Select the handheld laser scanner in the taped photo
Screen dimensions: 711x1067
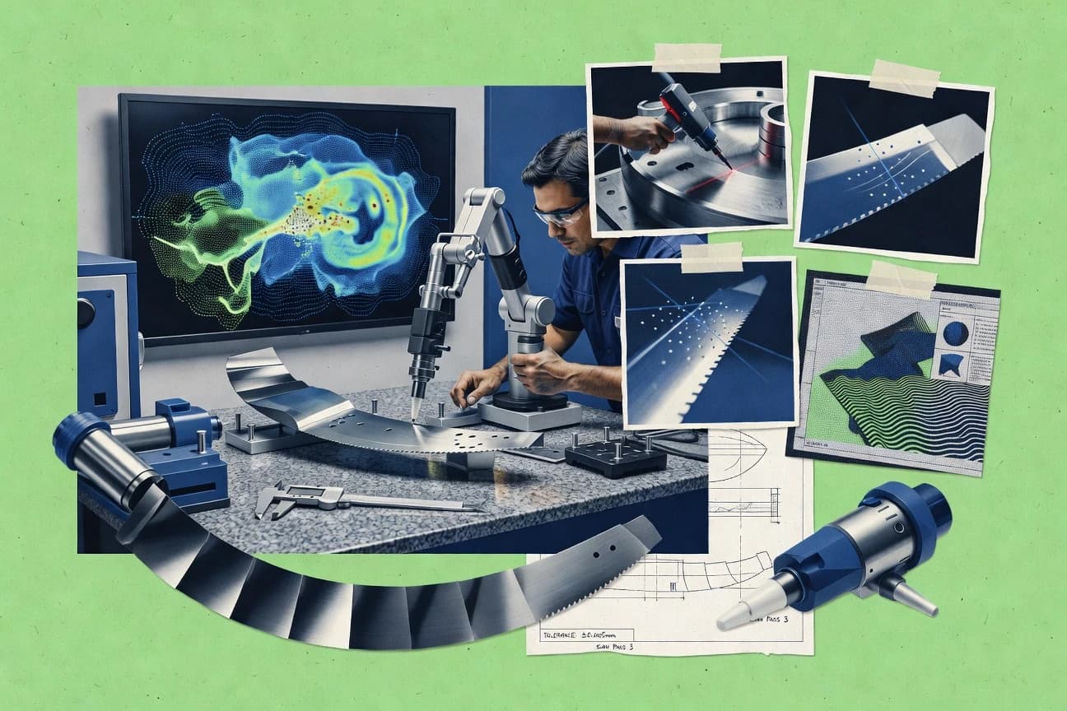[687, 120]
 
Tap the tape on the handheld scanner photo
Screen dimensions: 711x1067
[687, 57]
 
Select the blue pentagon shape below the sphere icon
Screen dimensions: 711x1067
[953, 364]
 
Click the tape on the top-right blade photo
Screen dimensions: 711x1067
[903, 77]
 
